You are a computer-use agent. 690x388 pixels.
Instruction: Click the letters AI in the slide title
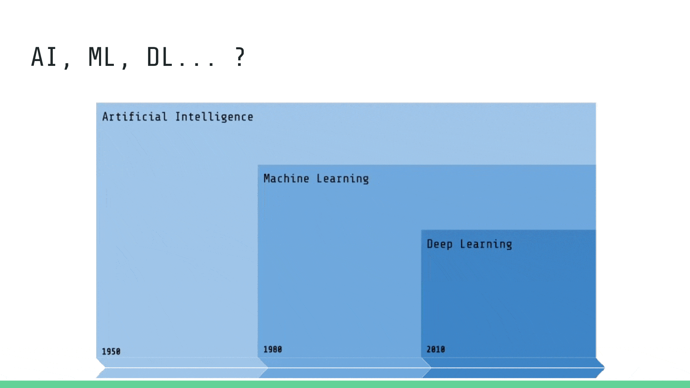[44, 57]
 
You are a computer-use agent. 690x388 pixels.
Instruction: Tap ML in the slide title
[101, 57]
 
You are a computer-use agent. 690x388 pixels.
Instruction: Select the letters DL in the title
[159, 57]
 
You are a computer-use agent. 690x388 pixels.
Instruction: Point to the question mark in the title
[240, 57]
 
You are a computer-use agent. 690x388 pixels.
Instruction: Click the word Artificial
[135, 117]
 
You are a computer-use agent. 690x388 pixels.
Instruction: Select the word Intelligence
[214, 117]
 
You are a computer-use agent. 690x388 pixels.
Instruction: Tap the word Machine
[286, 178]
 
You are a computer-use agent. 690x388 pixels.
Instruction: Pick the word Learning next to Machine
[343, 179]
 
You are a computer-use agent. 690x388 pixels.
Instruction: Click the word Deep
[440, 244]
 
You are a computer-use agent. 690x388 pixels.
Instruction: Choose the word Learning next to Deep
[486, 245]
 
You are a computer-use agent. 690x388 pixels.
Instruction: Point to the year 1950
[111, 351]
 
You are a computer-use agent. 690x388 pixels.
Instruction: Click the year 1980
[273, 349]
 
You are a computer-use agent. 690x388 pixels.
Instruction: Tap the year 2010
[436, 349]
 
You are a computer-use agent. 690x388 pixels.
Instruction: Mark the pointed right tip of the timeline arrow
[605, 368]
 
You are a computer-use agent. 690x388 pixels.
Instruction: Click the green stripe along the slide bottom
[345, 384]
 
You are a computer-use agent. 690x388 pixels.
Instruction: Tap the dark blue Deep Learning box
[509, 297]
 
